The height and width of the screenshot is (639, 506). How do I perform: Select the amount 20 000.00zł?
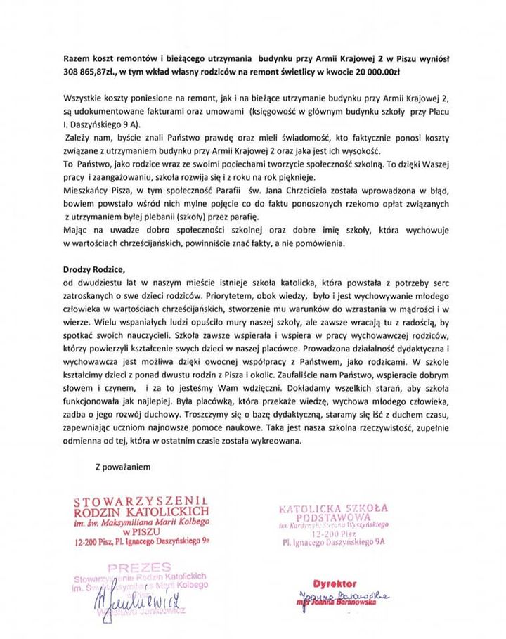point(399,72)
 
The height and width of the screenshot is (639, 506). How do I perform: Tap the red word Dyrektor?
point(332,584)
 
